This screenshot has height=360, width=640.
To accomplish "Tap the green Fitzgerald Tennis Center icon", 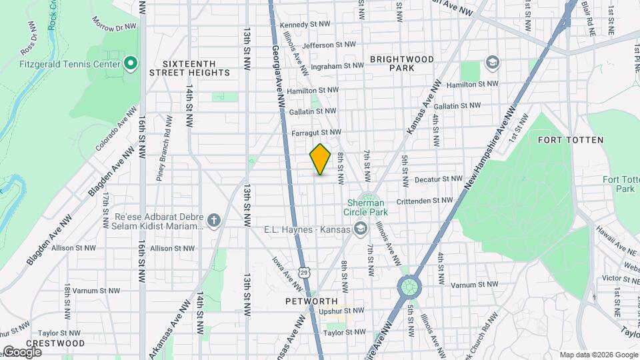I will [131, 64].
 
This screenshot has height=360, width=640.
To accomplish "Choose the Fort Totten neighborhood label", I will [570, 140].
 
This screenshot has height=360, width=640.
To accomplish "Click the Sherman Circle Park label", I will [365, 207].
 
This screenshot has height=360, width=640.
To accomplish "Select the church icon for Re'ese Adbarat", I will [214, 221].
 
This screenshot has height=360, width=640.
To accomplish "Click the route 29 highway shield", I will [304, 271].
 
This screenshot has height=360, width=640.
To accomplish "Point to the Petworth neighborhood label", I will [307, 301].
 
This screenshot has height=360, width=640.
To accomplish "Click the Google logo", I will [22, 351].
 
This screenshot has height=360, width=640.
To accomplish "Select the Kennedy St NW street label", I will [305, 25].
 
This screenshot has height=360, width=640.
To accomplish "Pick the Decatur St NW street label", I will [438, 179].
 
